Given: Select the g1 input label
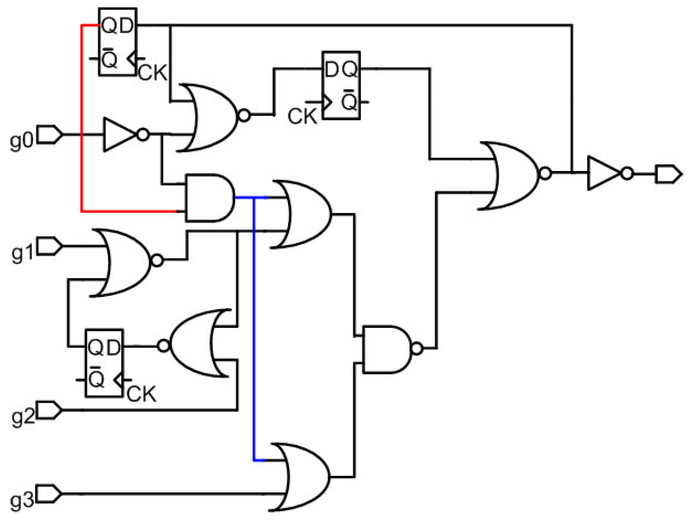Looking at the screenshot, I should (x=22, y=253).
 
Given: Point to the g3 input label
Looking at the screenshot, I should (x=22, y=501).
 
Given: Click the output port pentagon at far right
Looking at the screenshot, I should (x=668, y=174).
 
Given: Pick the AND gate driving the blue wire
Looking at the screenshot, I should (x=208, y=198).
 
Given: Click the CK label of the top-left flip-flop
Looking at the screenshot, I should (x=153, y=73).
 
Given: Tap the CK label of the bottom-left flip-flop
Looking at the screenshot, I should (x=141, y=394).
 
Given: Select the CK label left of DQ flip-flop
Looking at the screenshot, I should (x=302, y=116).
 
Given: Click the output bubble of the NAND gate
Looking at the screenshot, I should (x=416, y=348).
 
